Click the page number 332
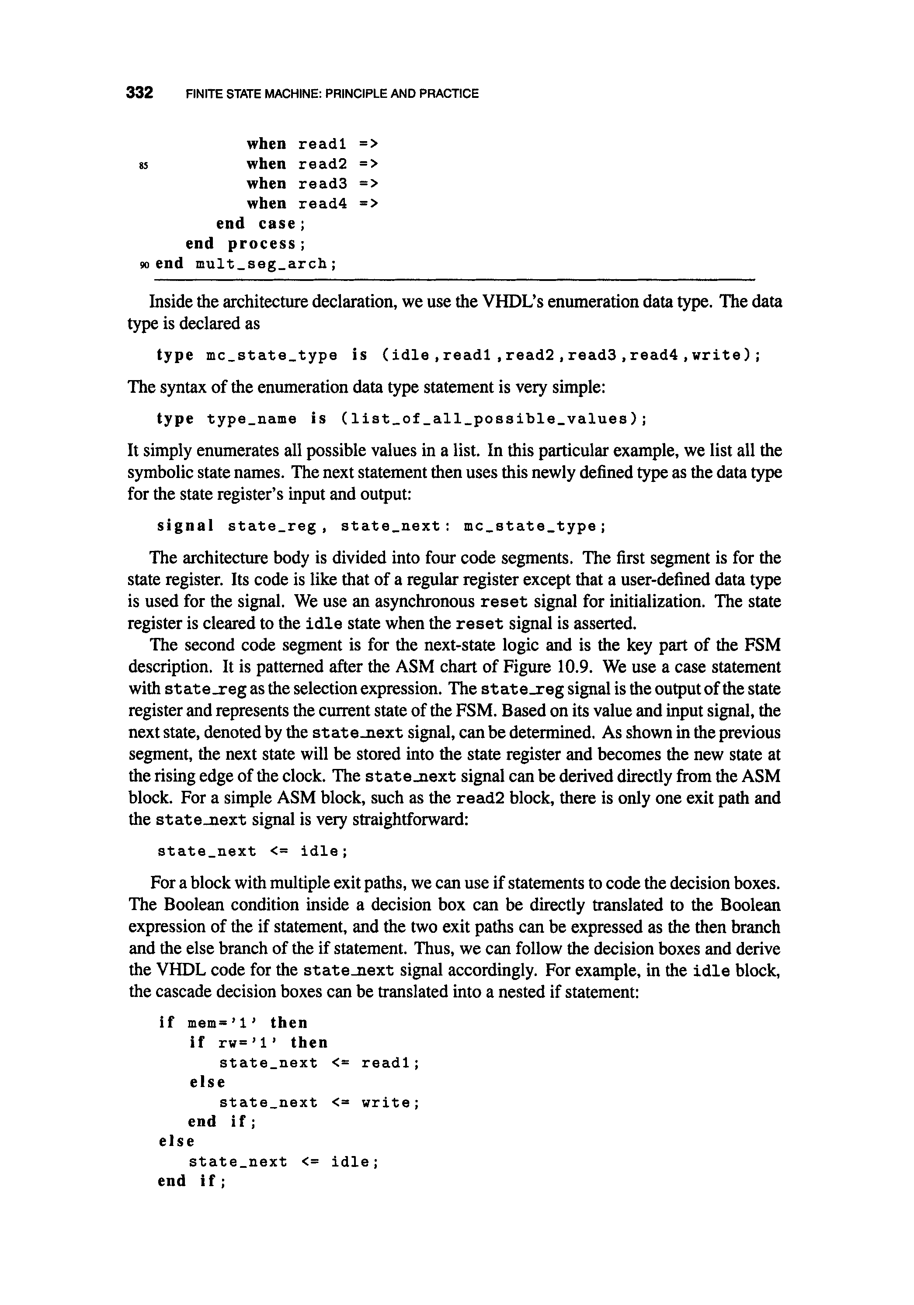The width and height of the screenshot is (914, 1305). click(x=139, y=93)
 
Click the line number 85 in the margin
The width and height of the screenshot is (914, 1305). click(x=143, y=166)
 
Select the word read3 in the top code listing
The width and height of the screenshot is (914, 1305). click(x=323, y=183)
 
